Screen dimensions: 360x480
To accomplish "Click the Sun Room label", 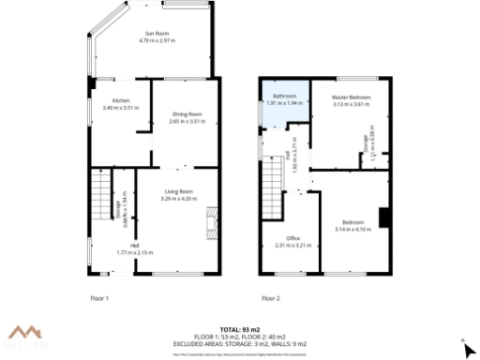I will pos(157,33).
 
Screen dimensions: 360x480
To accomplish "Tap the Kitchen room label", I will pos(120,101).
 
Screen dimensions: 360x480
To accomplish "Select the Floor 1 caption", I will pos(99,298).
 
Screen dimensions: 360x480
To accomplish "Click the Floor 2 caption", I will pos(270,298).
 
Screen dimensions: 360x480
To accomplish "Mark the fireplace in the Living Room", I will pos(212,224).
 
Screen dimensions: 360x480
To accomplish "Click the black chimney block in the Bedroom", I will pos(384,217).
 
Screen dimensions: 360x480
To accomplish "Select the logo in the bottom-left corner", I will pos(27,336).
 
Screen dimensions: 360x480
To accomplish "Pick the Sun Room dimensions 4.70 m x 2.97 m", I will pos(157,41).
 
